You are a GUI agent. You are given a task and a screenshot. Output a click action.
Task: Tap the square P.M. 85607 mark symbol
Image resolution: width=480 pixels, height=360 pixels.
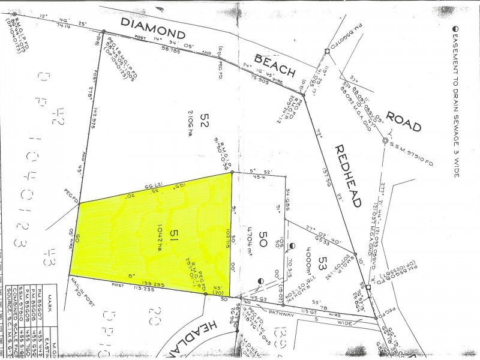click(368, 287)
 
